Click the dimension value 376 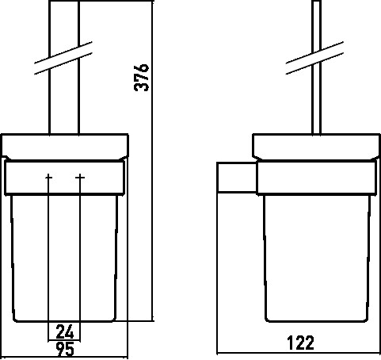(x=142, y=78)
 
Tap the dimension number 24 (x=65, y=332)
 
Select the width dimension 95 (x=65, y=349)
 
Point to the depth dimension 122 (x=300, y=343)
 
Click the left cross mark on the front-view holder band (x=48, y=178)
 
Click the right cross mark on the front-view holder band (x=80, y=178)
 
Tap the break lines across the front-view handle (x=63, y=58)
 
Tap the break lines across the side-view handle (x=314, y=58)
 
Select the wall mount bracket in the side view (x=237, y=177)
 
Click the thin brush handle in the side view (x=317, y=67)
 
